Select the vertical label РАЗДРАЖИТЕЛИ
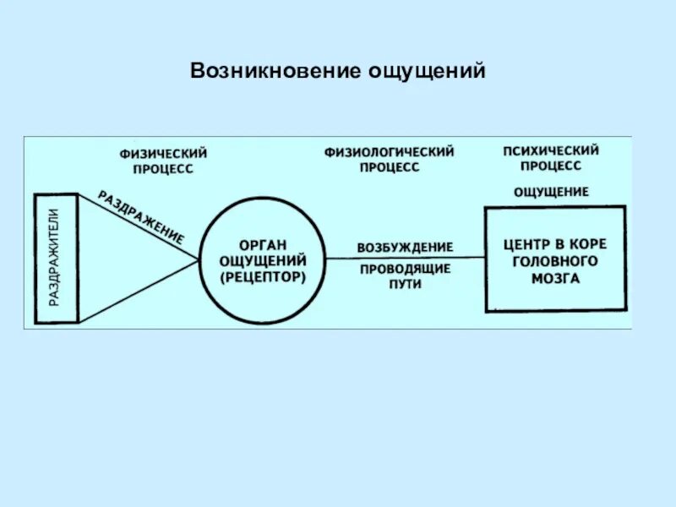pyautogui.click(x=55, y=258)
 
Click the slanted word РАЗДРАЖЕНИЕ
pyautogui.click(x=141, y=217)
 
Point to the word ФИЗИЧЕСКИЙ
pyautogui.click(x=163, y=154)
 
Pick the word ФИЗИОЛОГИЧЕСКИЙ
pyautogui.click(x=389, y=152)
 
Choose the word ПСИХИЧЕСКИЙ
pyautogui.click(x=551, y=151)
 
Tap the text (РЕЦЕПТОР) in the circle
pyautogui.click(x=262, y=276)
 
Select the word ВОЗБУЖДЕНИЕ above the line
pyautogui.click(x=405, y=248)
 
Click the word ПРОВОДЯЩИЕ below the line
pyautogui.click(x=406, y=270)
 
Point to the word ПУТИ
pyautogui.click(x=406, y=285)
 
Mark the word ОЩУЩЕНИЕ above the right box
pyautogui.click(x=552, y=192)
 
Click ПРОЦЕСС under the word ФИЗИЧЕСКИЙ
pyautogui.click(x=163, y=169)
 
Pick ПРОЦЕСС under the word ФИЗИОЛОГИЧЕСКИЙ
pyautogui.click(x=389, y=167)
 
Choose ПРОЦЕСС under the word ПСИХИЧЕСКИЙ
pyautogui.click(x=551, y=166)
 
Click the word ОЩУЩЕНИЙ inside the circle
pyautogui.click(x=262, y=260)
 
